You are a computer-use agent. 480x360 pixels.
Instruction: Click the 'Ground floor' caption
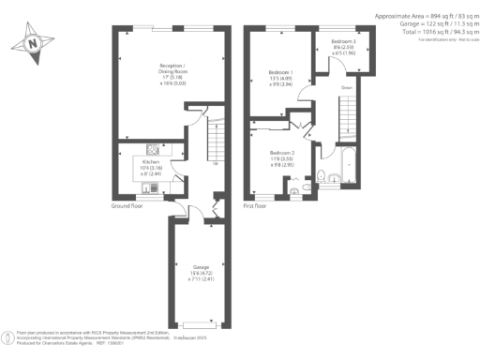click(127, 205)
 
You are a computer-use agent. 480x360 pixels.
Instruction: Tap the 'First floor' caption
click(256, 205)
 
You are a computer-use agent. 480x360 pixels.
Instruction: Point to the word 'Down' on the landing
click(346, 88)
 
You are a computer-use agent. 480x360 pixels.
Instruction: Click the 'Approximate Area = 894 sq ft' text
click(422, 16)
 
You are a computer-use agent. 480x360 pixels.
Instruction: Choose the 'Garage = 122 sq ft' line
click(422, 23)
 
